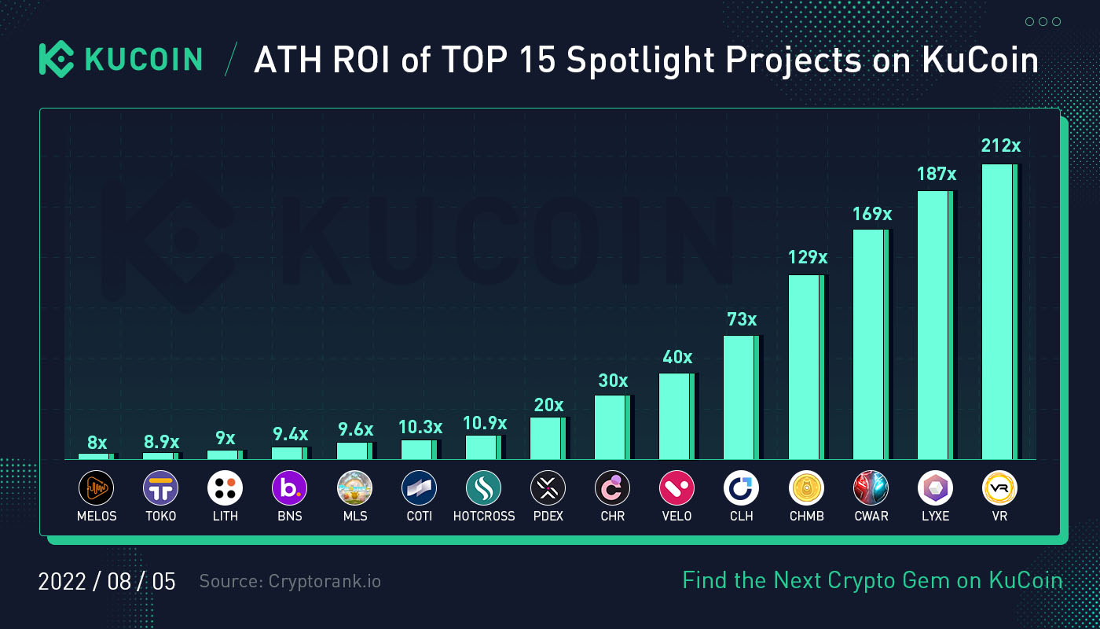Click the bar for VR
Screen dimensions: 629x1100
[x=999, y=311]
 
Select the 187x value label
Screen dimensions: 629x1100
[x=936, y=174]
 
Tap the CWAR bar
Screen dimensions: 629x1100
[x=871, y=344]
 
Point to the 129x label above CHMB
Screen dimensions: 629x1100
[x=807, y=257]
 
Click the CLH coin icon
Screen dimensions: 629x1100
[x=741, y=488]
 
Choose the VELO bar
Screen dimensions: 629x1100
[x=676, y=416]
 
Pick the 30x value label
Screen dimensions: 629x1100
[x=613, y=381]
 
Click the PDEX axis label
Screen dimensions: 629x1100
[x=548, y=517]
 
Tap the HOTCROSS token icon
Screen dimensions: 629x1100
[x=483, y=488]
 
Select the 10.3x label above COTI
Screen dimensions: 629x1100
[x=420, y=427]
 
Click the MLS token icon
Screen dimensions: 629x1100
[x=354, y=488]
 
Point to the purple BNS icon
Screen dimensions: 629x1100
[x=289, y=488]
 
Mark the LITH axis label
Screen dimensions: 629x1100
[x=225, y=517]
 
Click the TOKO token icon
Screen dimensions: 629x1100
[x=160, y=488]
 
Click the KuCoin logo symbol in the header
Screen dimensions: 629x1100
[x=56, y=60]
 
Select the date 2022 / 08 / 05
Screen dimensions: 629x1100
[x=107, y=582]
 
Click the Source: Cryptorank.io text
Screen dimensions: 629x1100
[x=290, y=582]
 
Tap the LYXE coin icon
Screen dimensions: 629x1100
[x=935, y=488]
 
